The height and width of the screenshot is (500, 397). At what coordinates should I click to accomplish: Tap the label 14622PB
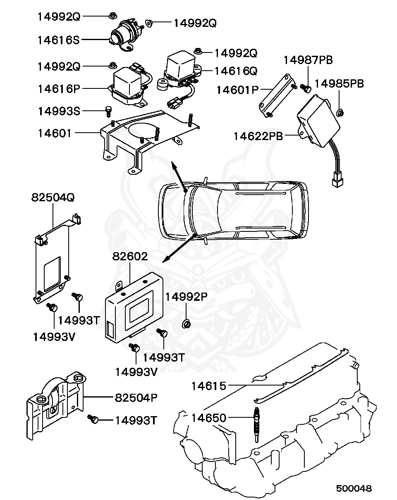(x=258, y=136)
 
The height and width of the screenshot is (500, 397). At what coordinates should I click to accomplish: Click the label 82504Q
(x=53, y=198)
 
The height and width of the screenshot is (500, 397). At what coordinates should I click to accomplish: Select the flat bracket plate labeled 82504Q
(x=52, y=260)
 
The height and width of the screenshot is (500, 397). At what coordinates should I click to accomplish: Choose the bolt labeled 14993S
(x=109, y=111)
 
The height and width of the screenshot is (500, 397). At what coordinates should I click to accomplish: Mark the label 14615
(x=208, y=386)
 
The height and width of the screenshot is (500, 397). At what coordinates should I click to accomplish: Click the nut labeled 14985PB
(x=340, y=112)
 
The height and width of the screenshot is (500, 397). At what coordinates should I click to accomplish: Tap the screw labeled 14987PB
(x=306, y=88)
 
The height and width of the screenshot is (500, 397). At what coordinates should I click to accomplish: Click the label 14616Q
(x=236, y=71)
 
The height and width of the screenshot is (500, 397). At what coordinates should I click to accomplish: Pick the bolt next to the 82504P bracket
(x=93, y=420)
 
